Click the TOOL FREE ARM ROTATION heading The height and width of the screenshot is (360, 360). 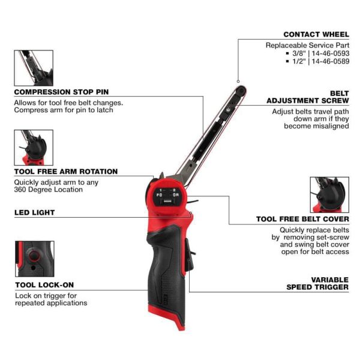coord(66,172)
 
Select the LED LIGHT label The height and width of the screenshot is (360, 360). coord(34,212)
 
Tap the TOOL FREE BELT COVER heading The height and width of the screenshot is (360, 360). coord(302,219)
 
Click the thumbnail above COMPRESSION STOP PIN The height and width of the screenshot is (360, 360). coord(34,68)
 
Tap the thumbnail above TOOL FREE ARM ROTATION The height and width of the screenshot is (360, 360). coord(34,148)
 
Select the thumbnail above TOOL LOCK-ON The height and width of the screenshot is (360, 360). coord(34,259)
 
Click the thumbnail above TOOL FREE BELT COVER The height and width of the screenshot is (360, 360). coord(329,194)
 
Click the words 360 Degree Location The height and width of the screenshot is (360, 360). coord(48,190)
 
